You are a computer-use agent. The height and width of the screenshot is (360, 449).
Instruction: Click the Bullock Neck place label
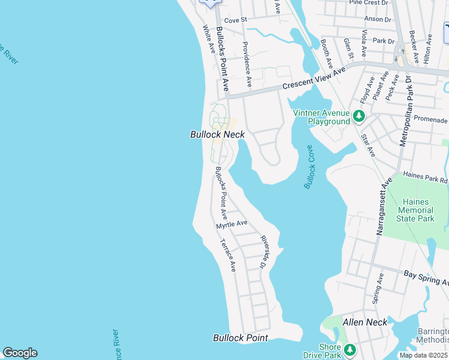217,135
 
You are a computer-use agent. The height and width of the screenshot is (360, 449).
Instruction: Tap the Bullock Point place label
240,338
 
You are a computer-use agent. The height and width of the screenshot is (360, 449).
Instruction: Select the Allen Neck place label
364,322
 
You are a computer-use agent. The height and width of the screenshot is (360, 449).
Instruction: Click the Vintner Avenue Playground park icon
359,115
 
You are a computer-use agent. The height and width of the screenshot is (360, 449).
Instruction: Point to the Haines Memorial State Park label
418,211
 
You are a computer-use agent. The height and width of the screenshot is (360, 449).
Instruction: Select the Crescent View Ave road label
315,79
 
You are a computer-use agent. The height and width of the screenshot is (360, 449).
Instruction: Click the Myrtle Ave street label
232,224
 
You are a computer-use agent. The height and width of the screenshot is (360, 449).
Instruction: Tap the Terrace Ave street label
228,255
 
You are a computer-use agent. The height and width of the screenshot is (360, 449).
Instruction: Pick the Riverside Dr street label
263,251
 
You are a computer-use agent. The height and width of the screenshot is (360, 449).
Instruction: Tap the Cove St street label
235,20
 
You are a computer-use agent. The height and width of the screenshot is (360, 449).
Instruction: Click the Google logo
20,353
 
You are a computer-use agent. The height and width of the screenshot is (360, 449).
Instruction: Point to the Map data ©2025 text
424,355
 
